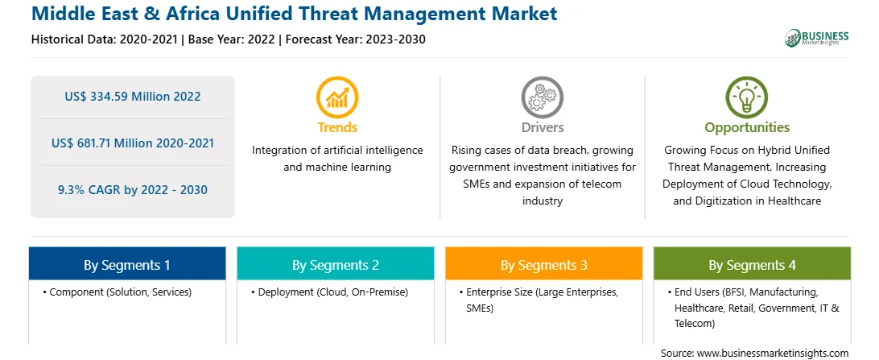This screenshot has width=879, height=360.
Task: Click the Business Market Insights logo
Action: click(x=817, y=38)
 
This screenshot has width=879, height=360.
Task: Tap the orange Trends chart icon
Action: click(x=337, y=97)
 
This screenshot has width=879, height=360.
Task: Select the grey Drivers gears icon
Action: click(x=542, y=97)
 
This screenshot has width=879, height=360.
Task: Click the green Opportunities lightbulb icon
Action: click(x=747, y=97)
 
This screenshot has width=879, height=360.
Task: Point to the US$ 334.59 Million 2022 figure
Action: click(x=132, y=97)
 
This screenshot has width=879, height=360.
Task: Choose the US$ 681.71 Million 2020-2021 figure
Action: click(x=132, y=143)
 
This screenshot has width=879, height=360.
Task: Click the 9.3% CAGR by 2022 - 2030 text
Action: click(x=132, y=190)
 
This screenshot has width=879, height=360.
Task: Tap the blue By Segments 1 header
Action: click(x=126, y=263)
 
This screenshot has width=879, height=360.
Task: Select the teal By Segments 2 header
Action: click(x=335, y=263)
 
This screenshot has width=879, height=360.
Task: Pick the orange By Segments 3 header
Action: click(x=544, y=263)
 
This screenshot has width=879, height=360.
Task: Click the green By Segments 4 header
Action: click(x=753, y=263)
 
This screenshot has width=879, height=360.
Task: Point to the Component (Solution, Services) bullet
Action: click(x=118, y=292)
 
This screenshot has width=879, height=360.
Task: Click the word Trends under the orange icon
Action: click(x=337, y=127)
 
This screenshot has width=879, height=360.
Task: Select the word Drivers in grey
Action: click(x=542, y=127)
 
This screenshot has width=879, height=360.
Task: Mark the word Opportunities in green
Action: click(x=747, y=127)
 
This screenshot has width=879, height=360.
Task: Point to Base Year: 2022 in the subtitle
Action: click(x=231, y=39)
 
